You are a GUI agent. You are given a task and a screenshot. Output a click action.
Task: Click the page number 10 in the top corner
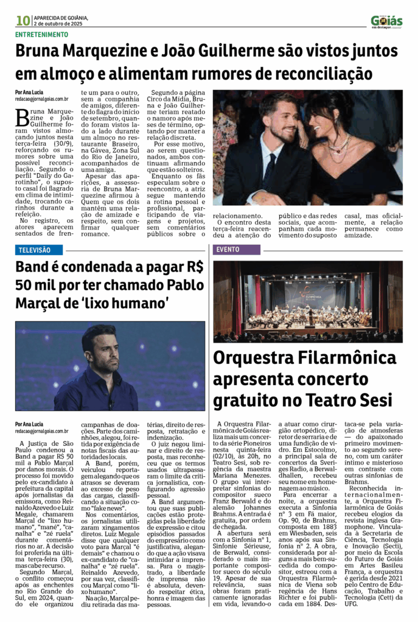[23, 21]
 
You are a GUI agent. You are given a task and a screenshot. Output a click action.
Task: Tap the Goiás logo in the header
[386, 21]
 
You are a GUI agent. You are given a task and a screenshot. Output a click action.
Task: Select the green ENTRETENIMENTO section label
[42, 35]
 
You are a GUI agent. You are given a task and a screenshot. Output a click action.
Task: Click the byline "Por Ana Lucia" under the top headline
[30, 92]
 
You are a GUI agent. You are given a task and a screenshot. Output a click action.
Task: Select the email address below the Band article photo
[41, 431]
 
